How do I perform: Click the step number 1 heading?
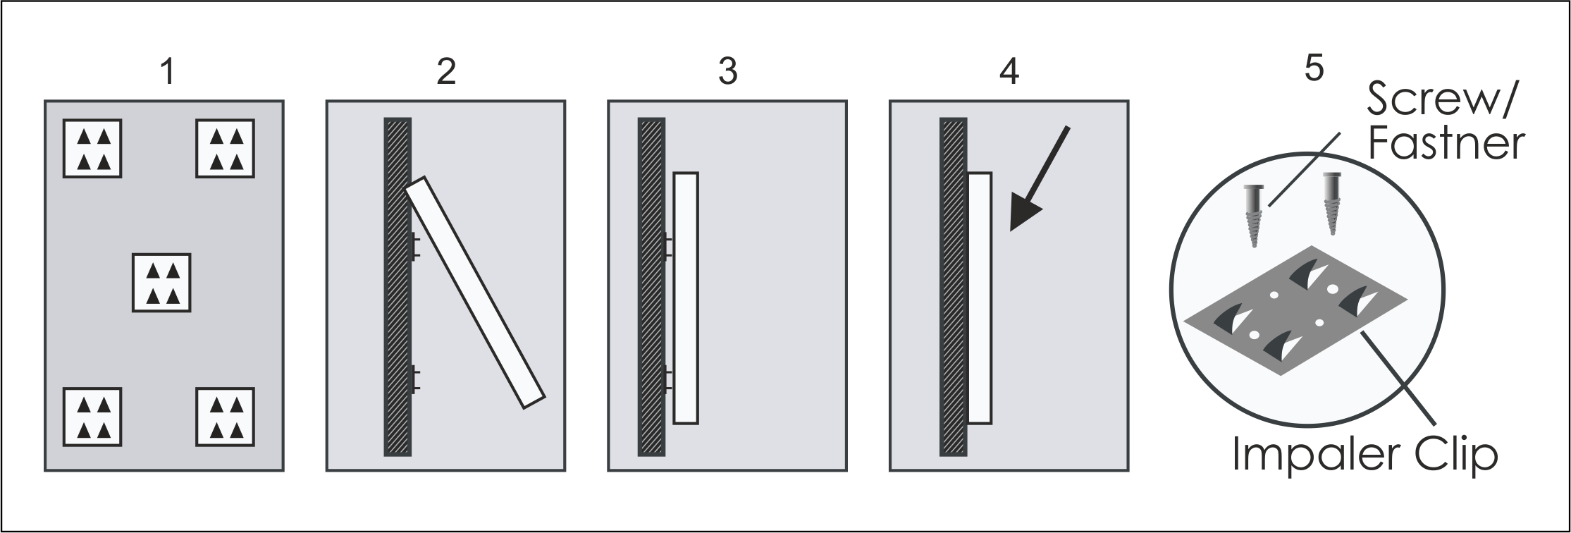pos(167,73)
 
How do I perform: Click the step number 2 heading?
pos(446,73)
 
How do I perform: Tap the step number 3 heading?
pos(727,73)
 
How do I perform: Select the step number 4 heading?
pos(1009,73)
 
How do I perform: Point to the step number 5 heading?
pos(1314,69)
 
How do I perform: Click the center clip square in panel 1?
pos(161,282)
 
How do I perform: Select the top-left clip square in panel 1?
pos(92,148)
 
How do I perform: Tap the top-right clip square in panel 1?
pos(225,148)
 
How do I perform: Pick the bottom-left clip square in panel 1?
pos(92,416)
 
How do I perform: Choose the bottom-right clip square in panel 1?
pos(225,416)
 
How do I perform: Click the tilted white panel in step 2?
pos(476,293)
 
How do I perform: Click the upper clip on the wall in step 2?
pos(414,245)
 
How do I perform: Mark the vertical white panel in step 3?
pos(685,298)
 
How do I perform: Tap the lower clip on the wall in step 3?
pos(667,381)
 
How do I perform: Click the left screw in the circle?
pos(1252,214)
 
